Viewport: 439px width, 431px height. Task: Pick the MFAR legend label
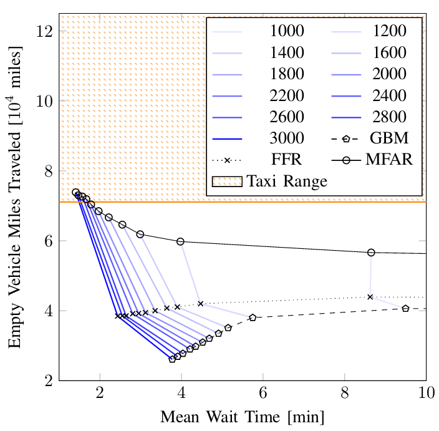(x=388, y=160)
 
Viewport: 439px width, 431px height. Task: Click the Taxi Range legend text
(x=287, y=182)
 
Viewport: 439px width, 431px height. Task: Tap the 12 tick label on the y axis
(x=44, y=31)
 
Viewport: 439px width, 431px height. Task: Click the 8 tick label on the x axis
(x=344, y=395)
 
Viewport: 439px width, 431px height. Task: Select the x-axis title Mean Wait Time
(x=243, y=417)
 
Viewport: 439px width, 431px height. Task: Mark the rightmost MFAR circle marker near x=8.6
(x=371, y=253)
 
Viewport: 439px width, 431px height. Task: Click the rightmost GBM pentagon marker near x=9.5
(x=405, y=308)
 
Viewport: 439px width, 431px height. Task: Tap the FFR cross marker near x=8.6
(x=370, y=297)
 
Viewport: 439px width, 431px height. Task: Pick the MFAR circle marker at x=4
(x=181, y=241)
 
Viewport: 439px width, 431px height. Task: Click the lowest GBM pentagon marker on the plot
(x=172, y=359)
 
